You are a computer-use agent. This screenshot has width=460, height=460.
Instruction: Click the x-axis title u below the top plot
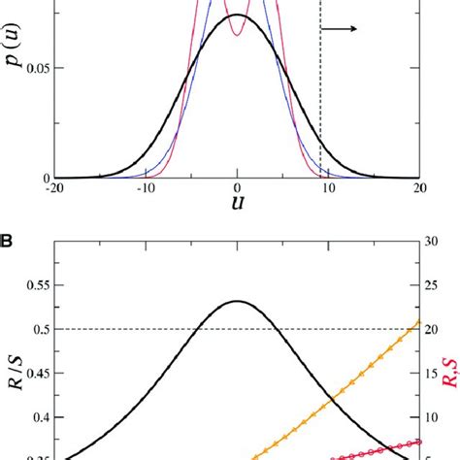pyautogui.click(x=237, y=207)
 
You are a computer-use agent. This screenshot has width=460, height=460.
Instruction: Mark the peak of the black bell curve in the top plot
pyautogui.click(x=237, y=16)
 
